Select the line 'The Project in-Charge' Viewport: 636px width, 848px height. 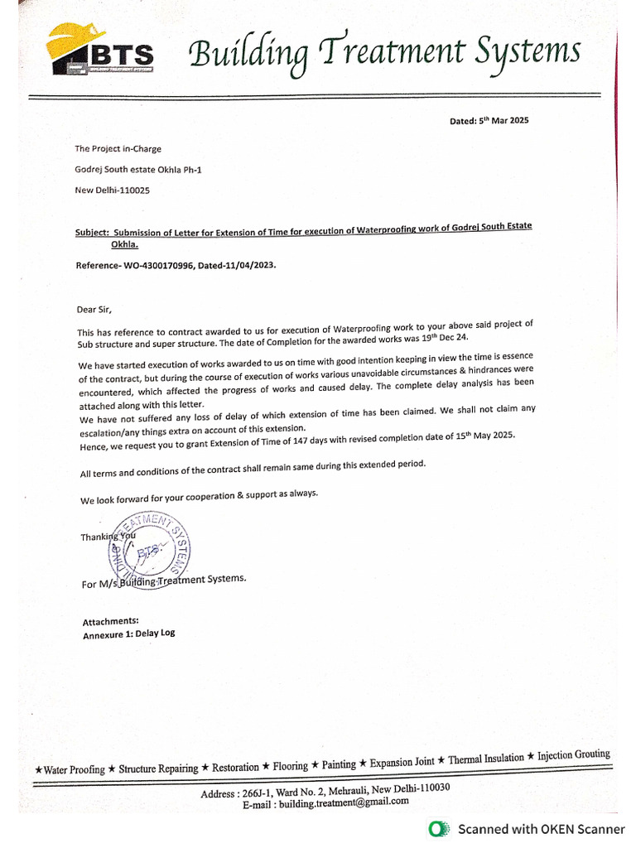point(118,149)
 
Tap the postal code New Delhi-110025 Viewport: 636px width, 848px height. point(113,190)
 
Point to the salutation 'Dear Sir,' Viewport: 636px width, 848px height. point(94,310)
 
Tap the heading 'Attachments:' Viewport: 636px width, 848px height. point(110,621)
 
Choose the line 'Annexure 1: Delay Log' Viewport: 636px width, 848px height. point(128,634)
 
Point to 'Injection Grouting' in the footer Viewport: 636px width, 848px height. point(574,755)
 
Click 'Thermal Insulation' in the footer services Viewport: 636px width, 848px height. point(486,759)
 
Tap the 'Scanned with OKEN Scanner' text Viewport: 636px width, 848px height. point(542,828)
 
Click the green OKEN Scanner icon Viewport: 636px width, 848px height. point(439,828)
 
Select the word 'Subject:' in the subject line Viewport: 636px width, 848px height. point(91,234)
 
